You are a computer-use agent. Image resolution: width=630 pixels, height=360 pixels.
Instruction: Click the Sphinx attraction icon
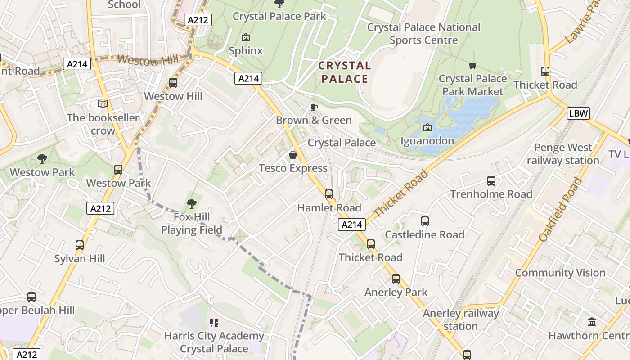coord(246,37)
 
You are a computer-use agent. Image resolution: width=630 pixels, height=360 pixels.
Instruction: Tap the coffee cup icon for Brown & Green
coord(314,107)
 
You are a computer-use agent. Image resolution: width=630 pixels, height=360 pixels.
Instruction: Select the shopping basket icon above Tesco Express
coord(293,155)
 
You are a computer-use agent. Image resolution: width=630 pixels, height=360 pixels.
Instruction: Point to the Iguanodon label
coord(427,141)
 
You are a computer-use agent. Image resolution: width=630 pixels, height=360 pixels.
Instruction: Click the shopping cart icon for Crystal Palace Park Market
coord(472,66)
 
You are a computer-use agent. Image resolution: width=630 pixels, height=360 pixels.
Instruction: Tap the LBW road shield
coord(578,113)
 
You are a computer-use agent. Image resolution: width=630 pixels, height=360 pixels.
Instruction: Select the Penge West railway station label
coord(562,154)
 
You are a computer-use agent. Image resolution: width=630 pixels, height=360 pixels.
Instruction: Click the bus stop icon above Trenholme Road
coord(491,181)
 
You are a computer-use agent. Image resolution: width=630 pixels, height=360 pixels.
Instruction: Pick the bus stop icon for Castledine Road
coord(425,221)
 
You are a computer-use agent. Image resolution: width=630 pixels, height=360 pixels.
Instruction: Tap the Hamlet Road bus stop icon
coord(329,194)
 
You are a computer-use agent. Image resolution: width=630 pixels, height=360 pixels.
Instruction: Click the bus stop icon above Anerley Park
coord(396,279)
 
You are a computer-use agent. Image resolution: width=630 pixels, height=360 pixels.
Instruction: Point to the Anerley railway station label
coord(460,319)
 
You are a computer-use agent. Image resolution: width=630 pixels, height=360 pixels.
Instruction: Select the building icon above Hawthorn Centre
coord(592,322)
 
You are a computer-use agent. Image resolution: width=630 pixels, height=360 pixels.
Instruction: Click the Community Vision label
coord(560,273)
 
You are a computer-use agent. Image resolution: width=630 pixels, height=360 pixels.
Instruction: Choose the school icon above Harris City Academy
coord(214,323)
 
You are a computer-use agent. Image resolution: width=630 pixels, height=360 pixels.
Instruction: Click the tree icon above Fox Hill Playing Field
coord(192,204)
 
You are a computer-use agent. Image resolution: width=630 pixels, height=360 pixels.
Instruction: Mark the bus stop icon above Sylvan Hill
coord(80,245)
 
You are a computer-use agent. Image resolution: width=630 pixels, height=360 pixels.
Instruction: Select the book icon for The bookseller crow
coord(103,104)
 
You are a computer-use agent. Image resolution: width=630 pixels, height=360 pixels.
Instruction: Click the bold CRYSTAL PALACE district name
coord(344,72)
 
